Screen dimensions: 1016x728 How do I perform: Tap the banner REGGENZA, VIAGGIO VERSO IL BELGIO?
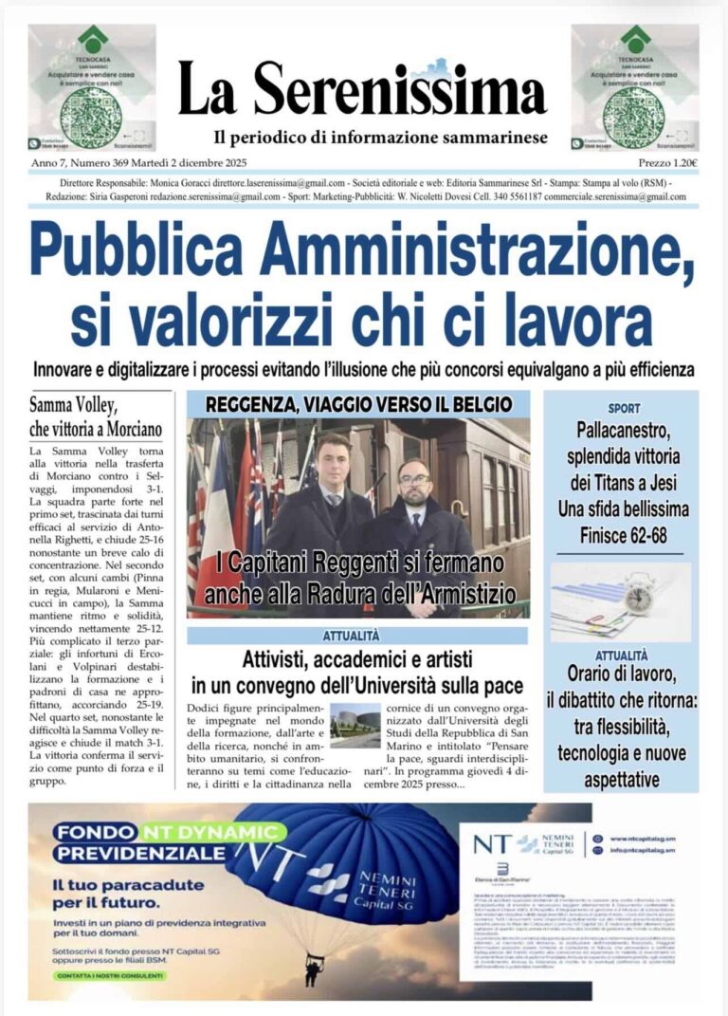coord(358,404)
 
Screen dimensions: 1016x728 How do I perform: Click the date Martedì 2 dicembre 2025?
coord(189,163)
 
